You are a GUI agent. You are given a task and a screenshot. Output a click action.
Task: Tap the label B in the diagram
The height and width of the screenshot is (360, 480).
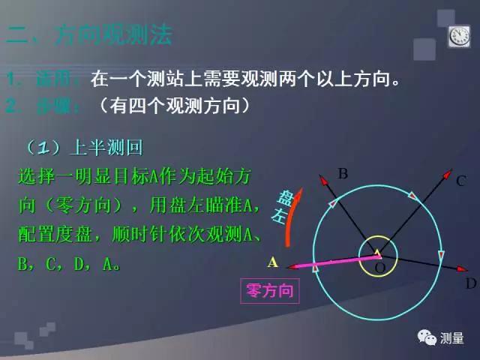(343, 174)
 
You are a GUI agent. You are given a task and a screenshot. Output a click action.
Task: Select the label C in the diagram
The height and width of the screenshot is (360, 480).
(461, 180)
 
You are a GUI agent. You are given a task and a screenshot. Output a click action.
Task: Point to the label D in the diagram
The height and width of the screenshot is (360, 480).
(471, 283)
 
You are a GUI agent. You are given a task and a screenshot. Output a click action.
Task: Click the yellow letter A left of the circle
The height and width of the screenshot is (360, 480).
(273, 262)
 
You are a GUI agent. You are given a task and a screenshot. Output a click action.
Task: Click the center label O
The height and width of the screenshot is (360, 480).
(379, 268)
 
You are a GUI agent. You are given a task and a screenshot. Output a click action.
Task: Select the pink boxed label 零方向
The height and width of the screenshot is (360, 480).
(269, 290)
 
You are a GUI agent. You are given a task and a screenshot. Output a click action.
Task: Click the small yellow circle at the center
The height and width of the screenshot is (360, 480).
(376, 255)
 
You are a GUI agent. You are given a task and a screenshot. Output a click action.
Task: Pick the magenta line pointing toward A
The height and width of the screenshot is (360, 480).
(330, 261)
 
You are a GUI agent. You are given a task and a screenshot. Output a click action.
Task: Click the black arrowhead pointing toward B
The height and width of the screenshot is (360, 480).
(322, 178)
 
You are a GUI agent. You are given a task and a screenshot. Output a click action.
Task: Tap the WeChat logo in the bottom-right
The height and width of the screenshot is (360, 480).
(427, 337)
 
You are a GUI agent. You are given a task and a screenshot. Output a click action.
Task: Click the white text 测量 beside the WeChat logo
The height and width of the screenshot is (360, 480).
(453, 338)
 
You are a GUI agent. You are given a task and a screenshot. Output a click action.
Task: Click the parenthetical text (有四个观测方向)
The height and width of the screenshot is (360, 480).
(173, 106)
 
